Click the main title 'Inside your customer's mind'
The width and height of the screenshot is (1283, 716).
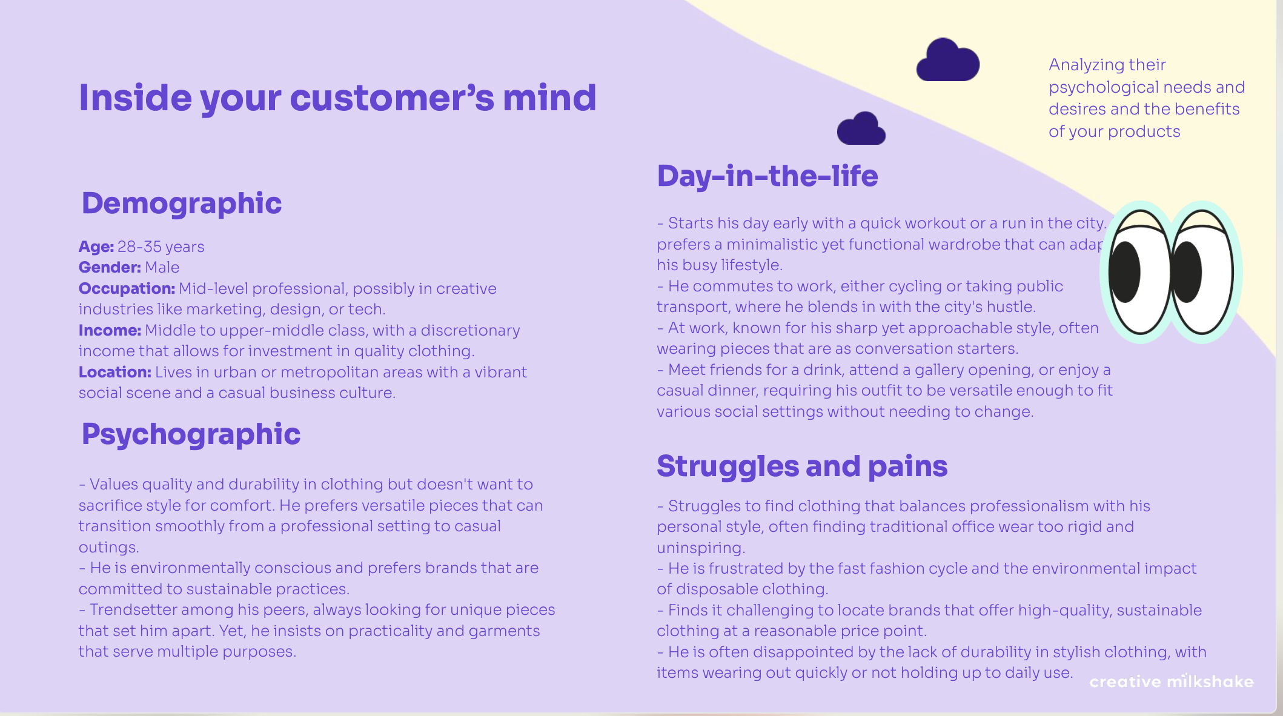pos(337,98)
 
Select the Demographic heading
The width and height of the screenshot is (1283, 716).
pos(182,204)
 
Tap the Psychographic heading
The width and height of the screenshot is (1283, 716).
pos(191,434)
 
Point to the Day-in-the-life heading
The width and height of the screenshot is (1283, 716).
pos(767,176)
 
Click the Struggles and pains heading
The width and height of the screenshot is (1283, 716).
pos(802,466)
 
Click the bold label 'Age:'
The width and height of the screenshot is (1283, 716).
pos(96,247)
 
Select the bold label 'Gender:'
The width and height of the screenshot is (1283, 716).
pos(110,268)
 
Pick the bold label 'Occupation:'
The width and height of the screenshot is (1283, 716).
pos(127,289)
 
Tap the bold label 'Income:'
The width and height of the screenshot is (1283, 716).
pos(110,331)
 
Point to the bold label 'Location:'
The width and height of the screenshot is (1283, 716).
pos(114,373)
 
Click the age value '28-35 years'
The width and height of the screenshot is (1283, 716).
pos(161,247)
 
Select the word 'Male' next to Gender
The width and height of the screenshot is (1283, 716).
pos(162,268)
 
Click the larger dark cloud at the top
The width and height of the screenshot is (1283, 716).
pos(947,61)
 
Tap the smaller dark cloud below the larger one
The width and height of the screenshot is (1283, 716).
pos(861,130)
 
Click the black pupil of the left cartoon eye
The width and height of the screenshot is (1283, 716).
pos(1126,273)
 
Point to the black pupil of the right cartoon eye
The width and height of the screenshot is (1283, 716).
pos(1187,273)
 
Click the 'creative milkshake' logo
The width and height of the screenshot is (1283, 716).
pos(1171,682)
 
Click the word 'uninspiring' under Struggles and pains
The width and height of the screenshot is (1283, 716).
pos(700,548)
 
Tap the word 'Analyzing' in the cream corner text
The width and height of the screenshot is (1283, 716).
pos(1086,65)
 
